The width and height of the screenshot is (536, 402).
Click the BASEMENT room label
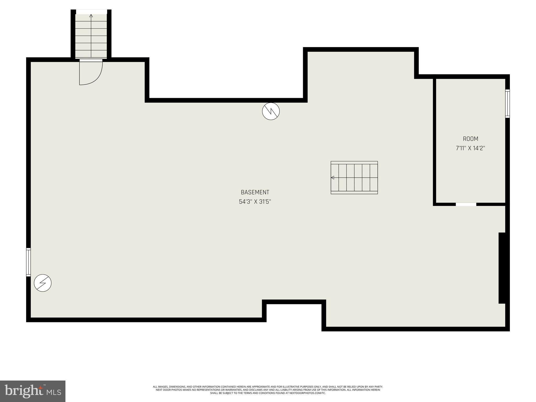(255, 192)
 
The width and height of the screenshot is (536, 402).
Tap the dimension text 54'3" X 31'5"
(255, 202)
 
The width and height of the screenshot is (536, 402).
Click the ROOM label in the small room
(470, 139)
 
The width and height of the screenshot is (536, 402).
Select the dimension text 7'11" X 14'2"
(470, 148)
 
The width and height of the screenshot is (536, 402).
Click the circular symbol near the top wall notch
(271, 111)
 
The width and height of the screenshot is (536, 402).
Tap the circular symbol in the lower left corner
(43, 283)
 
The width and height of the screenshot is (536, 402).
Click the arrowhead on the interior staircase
(333, 178)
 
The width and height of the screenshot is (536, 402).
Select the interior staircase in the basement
(354, 178)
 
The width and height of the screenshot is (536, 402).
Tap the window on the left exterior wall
(29, 262)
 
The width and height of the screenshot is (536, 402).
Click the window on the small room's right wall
(507, 103)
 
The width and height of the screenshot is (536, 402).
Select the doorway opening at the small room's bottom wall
(466, 204)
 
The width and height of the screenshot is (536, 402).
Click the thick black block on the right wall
(502, 268)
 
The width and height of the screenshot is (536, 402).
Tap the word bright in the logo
(24, 391)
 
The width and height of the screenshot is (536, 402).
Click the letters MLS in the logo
(54, 392)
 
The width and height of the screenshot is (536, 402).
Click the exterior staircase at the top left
(91, 35)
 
